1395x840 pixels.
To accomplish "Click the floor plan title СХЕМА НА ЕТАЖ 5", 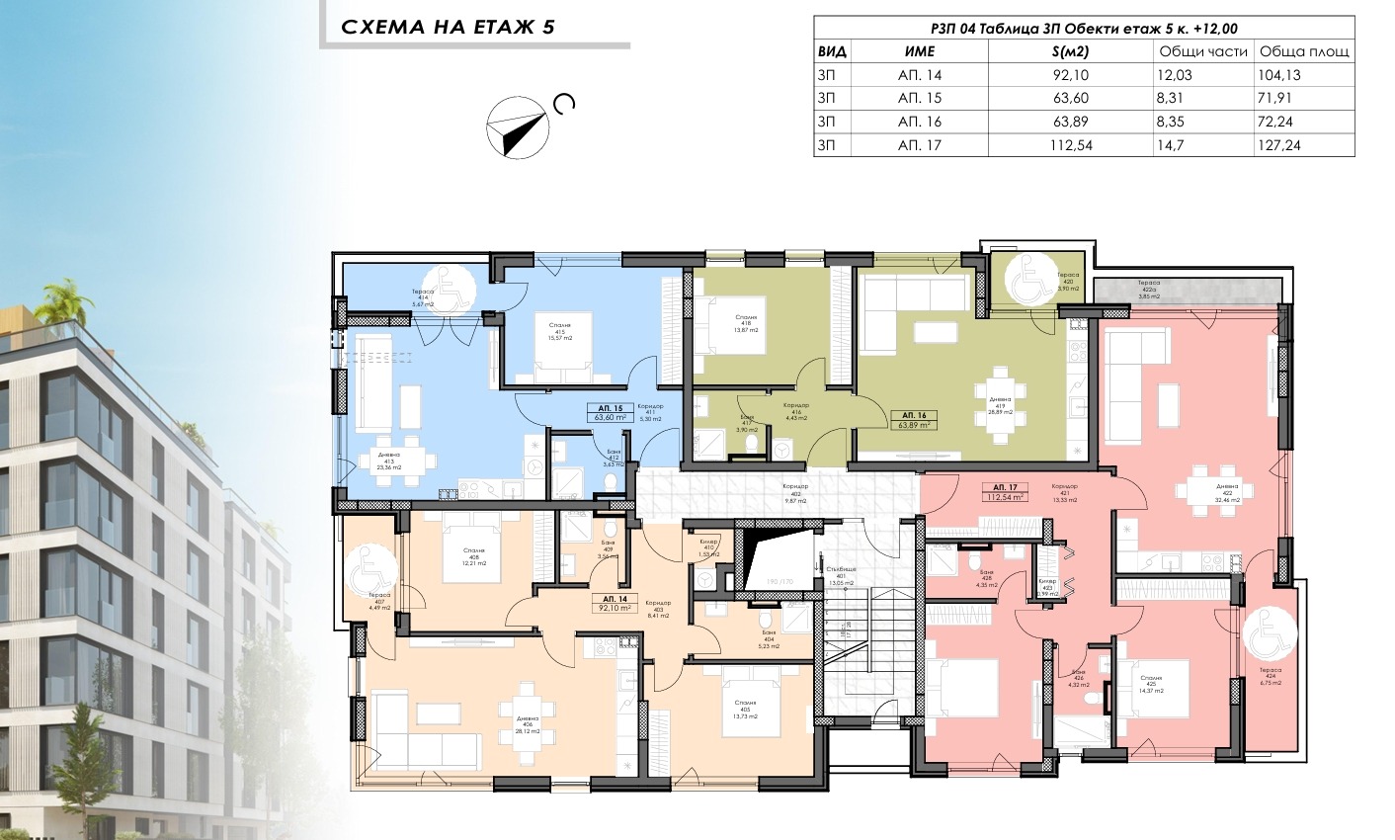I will [448, 27].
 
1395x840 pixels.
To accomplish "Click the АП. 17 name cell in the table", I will [919, 144].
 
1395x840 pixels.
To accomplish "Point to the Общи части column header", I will [1202, 51].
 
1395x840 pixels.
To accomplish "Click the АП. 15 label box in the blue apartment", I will [610, 412].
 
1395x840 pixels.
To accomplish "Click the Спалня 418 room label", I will [747, 323].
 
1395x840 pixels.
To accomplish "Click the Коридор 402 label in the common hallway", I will [795, 492].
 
